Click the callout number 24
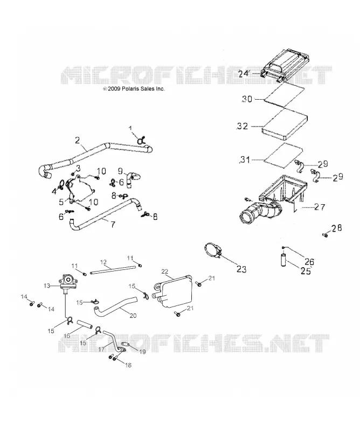click(x=244, y=74)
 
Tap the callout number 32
click(x=243, y=126)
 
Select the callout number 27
click(x=320, y=207)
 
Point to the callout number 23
click(x=241, y=269)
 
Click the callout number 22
click(x=164, y=272)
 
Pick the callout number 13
click(x=47, y=286)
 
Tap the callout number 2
click(x=77, y=141)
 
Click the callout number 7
click(x=113, y=224)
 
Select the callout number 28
click(x=337, y=228)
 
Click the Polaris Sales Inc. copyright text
click(x=134, y=89)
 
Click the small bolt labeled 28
click(x=325, y=235)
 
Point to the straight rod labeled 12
click(x=113, y=269)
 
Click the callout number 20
click(x=133, y=316)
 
